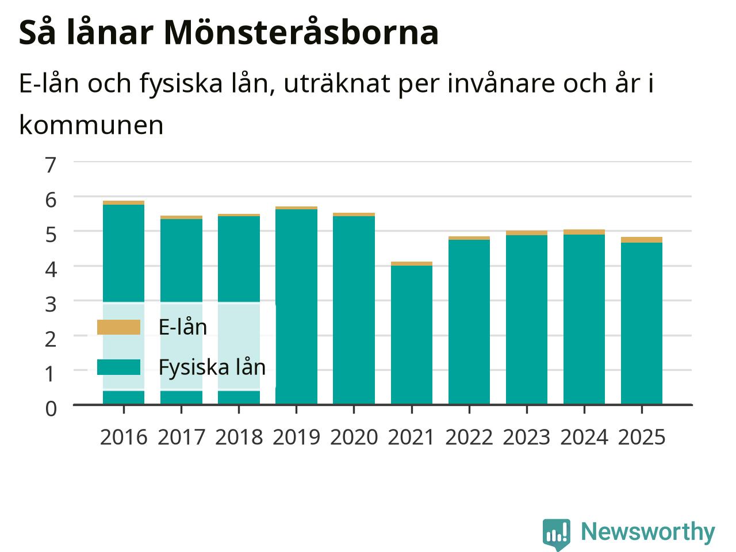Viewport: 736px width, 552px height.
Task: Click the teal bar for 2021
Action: (x=412, y=335)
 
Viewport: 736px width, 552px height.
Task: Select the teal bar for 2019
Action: (x=296, y=306)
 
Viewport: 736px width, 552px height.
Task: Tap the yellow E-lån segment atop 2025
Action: (x=642, y=240)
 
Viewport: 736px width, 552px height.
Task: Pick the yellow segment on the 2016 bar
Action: (x=124, y=203)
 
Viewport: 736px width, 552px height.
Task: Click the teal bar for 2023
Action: (x=527, y=320)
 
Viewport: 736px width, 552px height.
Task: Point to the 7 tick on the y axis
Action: (x=51, y=165)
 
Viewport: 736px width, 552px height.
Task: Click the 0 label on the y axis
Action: (x=51, y=409)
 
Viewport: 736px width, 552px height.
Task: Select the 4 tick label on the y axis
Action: (x=51, y=270)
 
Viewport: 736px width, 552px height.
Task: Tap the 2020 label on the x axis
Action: (x=354, y=438)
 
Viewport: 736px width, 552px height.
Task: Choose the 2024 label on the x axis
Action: (x=584, y=438)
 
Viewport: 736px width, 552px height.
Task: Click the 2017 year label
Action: (x=181, y=438)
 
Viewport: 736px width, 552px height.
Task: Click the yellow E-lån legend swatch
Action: (x=118, y=327)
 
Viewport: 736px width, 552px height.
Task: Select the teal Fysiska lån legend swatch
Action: (x=118, y=367)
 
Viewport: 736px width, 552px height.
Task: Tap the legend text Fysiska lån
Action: (x=212, y=367)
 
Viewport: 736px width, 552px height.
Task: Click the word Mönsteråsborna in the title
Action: (x=301, y=33)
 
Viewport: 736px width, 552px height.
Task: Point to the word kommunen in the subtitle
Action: (x=91, y=125)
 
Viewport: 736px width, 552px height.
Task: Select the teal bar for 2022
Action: (x=469, y=322)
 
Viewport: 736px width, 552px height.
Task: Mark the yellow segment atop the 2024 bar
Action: (x=584, y=232)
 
